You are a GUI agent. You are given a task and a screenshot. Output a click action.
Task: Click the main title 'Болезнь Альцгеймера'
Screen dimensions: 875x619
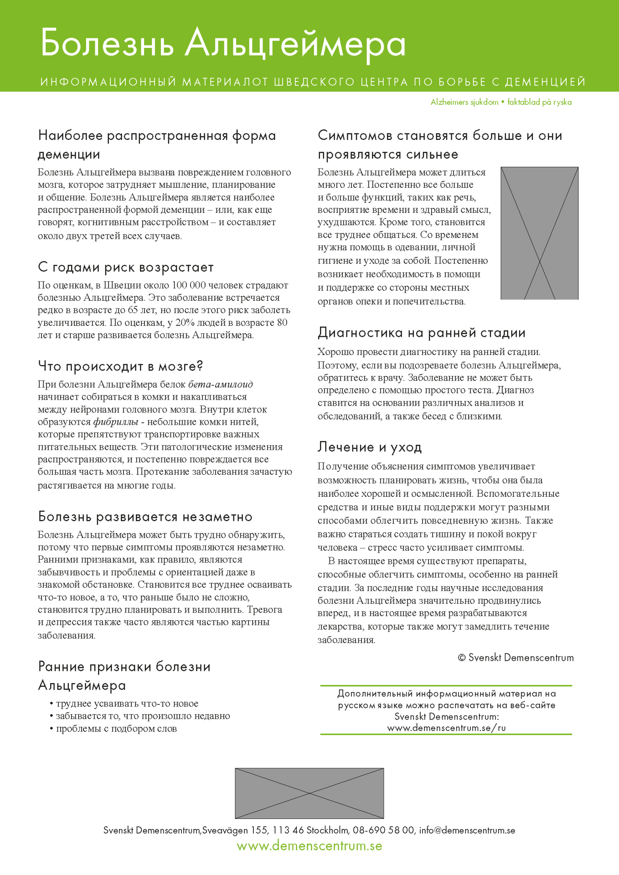click(x=223, y=44)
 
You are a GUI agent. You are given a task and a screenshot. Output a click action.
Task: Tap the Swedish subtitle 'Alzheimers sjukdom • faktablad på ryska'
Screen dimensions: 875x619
click(x=501, y=102)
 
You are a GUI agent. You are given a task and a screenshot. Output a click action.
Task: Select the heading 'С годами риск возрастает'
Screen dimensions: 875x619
click(x=126, y=268)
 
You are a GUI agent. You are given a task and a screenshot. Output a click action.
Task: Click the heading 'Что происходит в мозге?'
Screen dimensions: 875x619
click(x=120, y=366)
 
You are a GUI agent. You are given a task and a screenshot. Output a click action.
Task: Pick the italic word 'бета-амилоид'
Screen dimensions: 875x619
click(x=221, y=384)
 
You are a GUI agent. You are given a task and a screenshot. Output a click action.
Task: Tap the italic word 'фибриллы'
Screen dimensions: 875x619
click(x=116, y=422)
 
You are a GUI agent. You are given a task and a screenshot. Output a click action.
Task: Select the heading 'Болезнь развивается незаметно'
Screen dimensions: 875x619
click(x=145, y=517)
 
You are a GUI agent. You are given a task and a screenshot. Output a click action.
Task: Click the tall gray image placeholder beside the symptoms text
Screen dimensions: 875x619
click(x=539, y=233)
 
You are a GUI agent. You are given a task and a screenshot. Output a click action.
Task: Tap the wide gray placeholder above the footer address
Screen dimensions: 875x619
click(x=309, y=793)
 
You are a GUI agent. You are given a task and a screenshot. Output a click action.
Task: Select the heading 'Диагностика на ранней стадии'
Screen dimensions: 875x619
click(x=422, y=333)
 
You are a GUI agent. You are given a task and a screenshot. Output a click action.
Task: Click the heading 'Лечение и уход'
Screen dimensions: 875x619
click(x=370, y=447)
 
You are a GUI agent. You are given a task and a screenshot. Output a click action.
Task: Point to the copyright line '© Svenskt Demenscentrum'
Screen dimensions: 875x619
click(x=516, y=658)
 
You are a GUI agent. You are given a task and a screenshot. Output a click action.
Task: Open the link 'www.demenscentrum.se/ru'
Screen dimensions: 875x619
click(x=446, y=728)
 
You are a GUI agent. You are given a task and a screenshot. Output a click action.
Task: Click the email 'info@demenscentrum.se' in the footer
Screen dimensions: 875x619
click(x=467, y=830)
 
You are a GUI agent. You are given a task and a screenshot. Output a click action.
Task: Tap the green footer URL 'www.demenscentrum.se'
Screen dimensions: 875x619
click(x=309, y=846)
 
